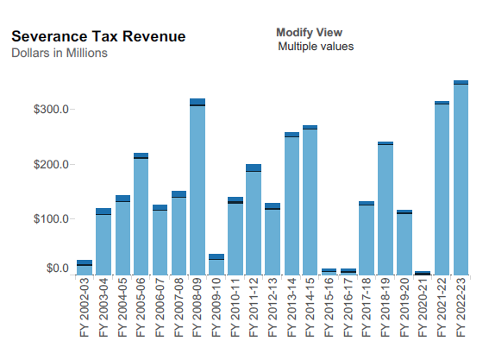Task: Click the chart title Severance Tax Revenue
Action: [x=98, y=36]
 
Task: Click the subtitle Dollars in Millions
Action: [x=60, y=53]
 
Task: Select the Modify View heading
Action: [x=310, y=33]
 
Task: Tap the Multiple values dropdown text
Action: [x=316, y=47]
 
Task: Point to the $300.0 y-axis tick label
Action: [x=51, y=110]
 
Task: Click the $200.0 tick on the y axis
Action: [x=51, y=164]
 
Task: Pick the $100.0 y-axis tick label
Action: [x=51, y=219]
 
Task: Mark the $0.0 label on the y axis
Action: [x=58, y=268]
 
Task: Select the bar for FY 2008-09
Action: [x=197, y=186]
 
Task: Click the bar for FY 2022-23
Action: [x=461, y=178]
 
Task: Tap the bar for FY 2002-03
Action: [x=85, y=268]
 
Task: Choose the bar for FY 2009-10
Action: [x=216, y=264]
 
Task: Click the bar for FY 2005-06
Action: [x=141, y=214]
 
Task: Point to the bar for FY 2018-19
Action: [x=386, y=208]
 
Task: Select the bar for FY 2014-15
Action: [x=310, y=200]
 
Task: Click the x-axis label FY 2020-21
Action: [x=423, y=307]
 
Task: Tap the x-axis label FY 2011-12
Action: [x=254, y=307]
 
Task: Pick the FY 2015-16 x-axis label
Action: [x=329, y=307]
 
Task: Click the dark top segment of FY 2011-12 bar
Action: [x=254, y=167]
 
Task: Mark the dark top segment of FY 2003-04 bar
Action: [x=103, y=211]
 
